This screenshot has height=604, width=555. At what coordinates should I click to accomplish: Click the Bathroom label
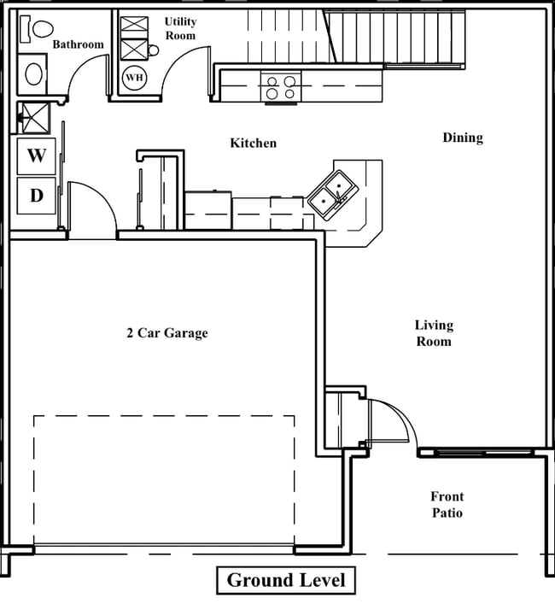coord(78,44)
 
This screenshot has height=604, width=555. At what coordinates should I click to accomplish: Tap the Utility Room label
coord(180,28)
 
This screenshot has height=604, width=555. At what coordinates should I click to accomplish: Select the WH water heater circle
coord(134,78)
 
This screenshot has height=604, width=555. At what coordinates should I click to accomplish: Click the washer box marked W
coord(36,155)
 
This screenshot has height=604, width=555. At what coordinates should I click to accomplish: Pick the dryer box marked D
coord(36,196)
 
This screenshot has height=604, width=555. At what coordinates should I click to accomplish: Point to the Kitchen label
coord(253,143)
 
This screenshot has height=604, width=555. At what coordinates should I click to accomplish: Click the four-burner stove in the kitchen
coord(281,87)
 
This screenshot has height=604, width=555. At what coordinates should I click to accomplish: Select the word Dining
coord(462,138)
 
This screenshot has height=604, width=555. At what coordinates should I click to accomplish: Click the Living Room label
coord(434,333)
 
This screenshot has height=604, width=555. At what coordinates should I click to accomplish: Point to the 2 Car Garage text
coord(167,333)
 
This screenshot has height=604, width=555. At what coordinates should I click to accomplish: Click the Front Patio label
coord(447,504)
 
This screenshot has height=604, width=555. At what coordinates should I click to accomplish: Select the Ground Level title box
coord(285,581)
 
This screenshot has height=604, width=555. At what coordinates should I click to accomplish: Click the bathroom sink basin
coord(34,73)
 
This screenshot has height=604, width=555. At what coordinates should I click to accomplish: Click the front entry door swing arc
coord(394,420)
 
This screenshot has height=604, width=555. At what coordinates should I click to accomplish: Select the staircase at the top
coord(393,38)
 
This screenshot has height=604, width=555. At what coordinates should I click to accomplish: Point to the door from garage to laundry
coord(91,209)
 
